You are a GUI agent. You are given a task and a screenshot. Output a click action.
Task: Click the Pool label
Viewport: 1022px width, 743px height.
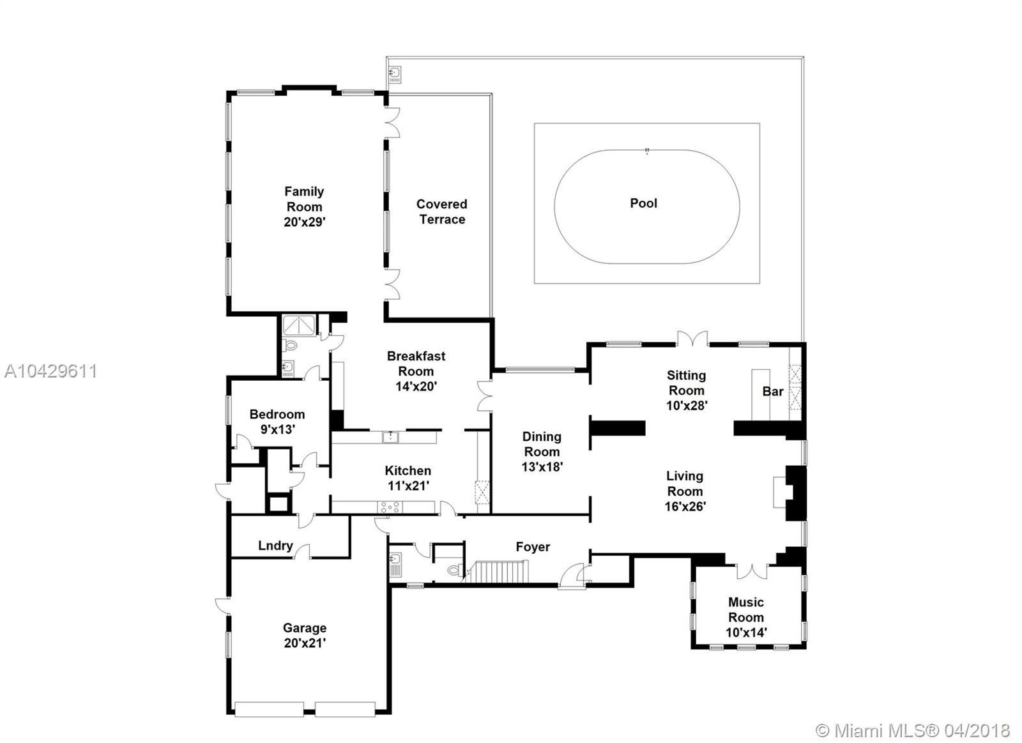pos(643,203)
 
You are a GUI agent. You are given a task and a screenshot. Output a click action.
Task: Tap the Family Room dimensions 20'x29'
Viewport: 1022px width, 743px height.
pos(304,222)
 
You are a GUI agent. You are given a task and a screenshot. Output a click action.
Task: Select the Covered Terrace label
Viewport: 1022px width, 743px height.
pos(441,211)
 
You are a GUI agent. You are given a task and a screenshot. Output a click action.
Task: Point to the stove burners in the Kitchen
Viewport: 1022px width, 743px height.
pos(390,507)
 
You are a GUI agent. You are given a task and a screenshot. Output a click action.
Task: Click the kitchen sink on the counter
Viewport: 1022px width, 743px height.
pos(390,437)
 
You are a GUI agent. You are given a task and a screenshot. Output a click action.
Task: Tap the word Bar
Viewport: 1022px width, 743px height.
pos(773,391)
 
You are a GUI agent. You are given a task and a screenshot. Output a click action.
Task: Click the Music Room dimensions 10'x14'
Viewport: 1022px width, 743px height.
pos(746,632)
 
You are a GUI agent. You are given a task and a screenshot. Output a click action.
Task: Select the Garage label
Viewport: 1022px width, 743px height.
pos(304,628)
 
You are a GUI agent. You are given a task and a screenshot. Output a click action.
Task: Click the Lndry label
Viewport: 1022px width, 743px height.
pos(275,546)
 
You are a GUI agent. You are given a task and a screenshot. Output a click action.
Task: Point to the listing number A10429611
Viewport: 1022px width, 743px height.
pos(50,372)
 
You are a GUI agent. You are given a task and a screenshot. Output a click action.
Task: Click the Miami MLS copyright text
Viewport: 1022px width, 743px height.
pos(913,731)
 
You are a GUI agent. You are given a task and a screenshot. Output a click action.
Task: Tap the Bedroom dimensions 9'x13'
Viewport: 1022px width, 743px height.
pos(277,429)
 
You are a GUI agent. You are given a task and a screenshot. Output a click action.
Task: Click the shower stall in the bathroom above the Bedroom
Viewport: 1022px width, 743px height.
pos(299,325)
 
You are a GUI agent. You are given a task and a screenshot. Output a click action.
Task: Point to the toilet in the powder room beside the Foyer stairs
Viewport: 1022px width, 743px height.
pos(454,570)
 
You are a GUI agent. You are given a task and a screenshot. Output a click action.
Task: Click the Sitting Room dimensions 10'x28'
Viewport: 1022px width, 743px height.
pos(687,405)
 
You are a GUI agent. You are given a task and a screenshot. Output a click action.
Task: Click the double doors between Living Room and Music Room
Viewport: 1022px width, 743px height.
pos(752,571)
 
